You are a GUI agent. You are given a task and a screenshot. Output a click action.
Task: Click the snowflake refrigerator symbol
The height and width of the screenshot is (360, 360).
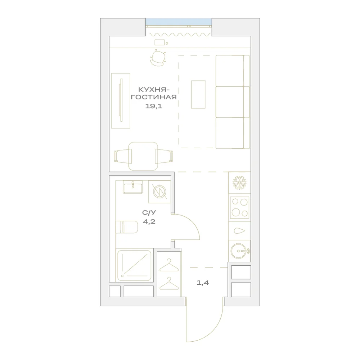pyautogui.click(x=239, y=183)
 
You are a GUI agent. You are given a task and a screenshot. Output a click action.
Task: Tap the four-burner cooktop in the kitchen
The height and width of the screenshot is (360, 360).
pyautogui.click(x=240, y=207)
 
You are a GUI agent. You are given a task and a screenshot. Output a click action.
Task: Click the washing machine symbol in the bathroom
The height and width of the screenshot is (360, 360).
pyautogui.click(x=159, y=192)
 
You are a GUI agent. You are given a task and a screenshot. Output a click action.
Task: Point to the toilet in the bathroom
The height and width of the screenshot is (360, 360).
pyautogui.click(x=126, y=227)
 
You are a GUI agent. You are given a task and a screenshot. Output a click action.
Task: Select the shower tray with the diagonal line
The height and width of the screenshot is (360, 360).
pyautogui.click(x=134, y=266)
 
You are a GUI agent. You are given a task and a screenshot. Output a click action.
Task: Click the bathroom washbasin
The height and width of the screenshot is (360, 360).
pyautogui.click(x=133, y=187)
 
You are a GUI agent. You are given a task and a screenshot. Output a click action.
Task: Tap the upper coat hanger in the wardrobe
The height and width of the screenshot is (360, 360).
pyautogui.click(x=169, y=265)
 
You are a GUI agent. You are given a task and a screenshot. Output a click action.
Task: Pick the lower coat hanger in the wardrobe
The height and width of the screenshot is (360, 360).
pyautogui.click(x=169, y=284)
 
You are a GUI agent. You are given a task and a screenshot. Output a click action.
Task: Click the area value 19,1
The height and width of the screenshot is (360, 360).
pyautogui.click(x=154, y=106)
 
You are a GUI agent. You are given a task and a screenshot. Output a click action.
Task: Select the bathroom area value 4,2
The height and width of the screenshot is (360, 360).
pyautogui.click(x=149, y=221)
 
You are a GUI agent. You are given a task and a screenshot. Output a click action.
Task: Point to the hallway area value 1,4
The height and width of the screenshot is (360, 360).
pyautogui.click(x=203, y=283)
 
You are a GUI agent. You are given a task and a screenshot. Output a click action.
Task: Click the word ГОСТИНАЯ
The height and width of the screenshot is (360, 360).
pyautogui.click(x=154, y=97)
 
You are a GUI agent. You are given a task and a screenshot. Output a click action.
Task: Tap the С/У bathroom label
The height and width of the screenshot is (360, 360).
pyautogui.click(x=149, y=213)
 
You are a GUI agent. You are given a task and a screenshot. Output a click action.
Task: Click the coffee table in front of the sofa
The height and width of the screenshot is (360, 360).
pyautogui.click(x=198, y=94)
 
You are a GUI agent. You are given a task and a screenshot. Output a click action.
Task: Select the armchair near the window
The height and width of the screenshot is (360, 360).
pyautogui.click(x=158, y=58)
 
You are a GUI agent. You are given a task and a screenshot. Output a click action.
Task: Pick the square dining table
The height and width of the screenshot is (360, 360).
pyautogui.click(x=143, y=156)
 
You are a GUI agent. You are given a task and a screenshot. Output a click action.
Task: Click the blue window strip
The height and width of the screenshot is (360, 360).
pyautogui.click(x=179, y=22)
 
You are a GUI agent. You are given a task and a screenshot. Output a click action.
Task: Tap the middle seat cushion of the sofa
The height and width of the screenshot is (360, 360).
pyautogui.click(x=230, y=102)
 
